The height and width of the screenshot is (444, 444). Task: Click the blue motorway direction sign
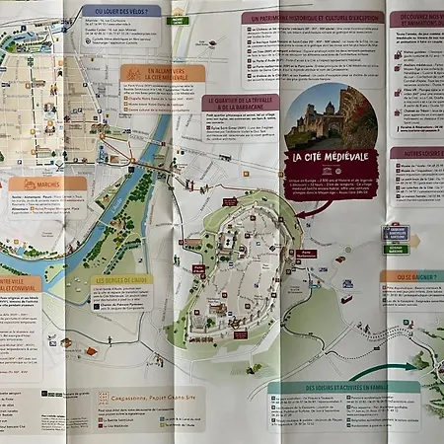[396, 233]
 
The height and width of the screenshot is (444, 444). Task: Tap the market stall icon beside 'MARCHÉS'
[16, 184]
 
